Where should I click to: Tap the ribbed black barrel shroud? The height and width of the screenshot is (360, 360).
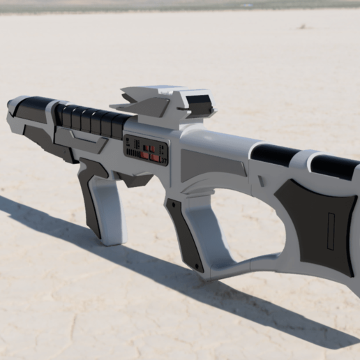[91, 120]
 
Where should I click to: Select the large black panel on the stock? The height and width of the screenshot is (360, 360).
[317, 223]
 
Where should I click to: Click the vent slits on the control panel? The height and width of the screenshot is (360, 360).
[133, 149]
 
